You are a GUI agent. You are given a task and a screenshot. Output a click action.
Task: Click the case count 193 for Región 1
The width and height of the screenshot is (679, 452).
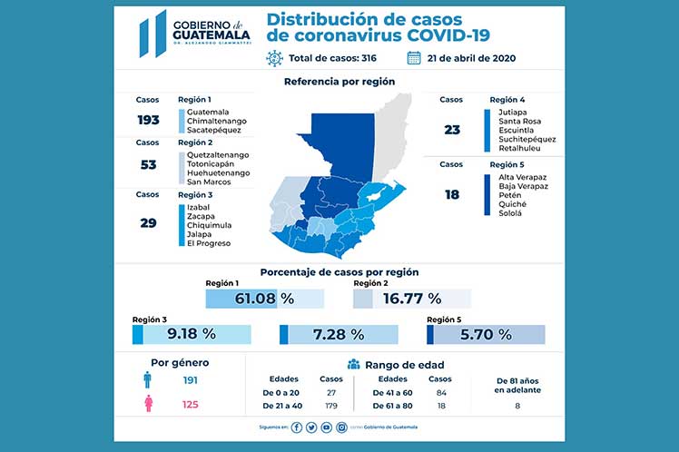(x=148, y=120)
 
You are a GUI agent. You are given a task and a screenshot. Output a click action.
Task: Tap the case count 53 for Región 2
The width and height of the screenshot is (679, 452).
(x=148, y=164)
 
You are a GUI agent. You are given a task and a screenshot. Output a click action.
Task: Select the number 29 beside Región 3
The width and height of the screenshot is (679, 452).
(x=148, y=221)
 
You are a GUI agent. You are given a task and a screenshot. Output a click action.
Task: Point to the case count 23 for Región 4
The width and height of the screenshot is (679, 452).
(x=451, y=129)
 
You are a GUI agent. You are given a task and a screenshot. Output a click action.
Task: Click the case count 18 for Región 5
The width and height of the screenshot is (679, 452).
(x=451, y=193)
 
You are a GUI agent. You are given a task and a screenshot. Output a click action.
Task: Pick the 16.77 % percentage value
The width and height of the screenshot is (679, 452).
(x=409, y=298)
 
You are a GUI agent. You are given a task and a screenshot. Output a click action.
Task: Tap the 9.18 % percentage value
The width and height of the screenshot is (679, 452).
(x=192, y=334)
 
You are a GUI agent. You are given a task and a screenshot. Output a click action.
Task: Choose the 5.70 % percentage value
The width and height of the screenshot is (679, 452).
(x=486, y=334)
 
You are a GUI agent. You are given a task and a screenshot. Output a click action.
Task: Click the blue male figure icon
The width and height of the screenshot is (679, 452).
(x=148, y=380)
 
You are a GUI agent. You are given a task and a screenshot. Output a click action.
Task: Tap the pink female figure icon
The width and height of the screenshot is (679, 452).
(x=148, y=404)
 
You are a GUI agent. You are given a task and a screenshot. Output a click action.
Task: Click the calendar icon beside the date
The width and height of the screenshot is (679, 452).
(x=414, y=58)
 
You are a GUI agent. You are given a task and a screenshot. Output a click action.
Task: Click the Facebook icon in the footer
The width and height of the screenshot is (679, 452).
(x=297, y=427)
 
